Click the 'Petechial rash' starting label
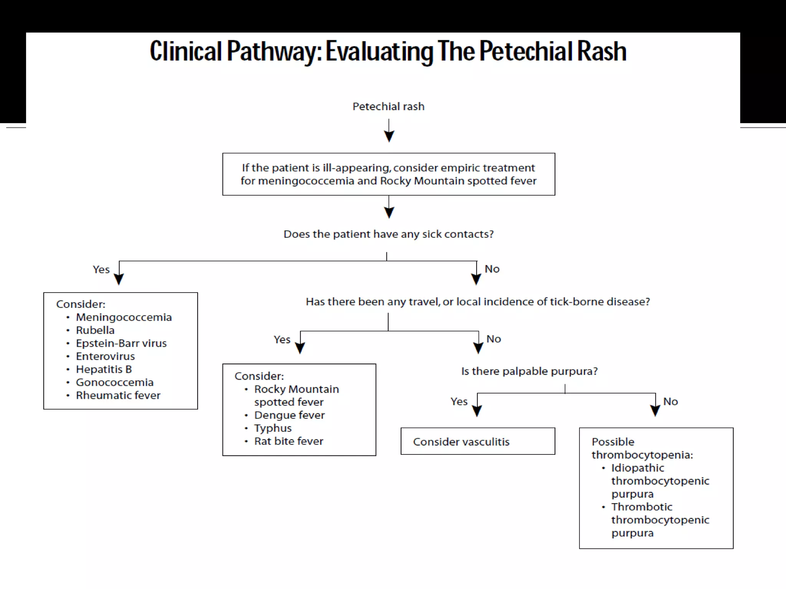point(388,106)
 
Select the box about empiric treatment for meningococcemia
point(388,174)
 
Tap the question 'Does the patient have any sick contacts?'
point(388,234)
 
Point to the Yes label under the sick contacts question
point(101,270)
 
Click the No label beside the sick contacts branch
point(492,269)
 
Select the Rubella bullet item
point(95,330)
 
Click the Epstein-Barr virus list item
point(121,343)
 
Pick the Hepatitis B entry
point(104,369)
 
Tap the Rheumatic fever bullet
point(118,395)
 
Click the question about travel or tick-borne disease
point(478,302)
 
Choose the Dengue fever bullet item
point(289,415)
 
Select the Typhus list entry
point(273,428)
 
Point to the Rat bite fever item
point(289,441)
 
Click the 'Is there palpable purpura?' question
point(529,371)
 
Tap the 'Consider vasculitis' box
point(477,441)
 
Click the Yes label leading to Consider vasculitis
point(459,401)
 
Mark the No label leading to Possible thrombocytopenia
point(670,401)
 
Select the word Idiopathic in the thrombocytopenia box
point(637,468)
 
